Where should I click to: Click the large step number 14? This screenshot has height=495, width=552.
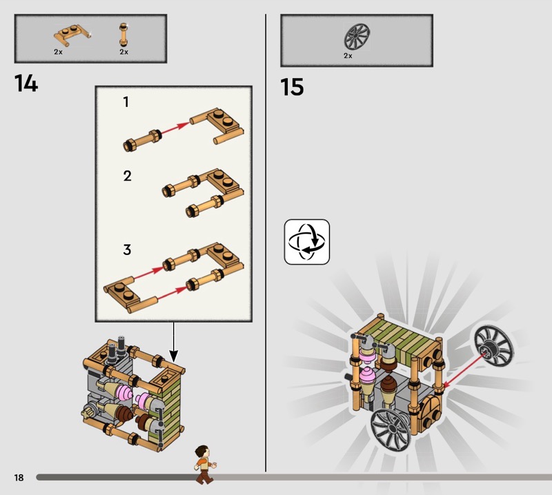(26, 83)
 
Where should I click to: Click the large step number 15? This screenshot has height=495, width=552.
(292, 87)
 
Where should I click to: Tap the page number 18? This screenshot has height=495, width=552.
(19, 477)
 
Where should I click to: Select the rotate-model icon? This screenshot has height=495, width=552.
(306, 242)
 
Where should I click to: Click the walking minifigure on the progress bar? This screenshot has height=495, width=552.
(205, 465)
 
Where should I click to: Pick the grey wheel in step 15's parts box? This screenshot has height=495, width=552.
(357, 36)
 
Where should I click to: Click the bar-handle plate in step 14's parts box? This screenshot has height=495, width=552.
(72, 36)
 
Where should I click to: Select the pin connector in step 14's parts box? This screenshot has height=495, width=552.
(124, 35)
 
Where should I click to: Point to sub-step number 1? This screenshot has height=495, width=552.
(126, 102)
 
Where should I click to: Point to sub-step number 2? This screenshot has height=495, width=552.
(127, 176)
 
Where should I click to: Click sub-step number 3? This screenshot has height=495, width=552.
(127, 250)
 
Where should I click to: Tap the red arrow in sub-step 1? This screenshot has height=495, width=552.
(175, 127)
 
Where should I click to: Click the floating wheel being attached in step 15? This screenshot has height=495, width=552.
(493, 345)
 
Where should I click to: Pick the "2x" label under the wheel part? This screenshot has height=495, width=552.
(348, 56)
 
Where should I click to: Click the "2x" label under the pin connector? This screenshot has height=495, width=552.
(124, 52)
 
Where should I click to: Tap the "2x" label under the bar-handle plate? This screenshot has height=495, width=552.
(58, 52)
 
